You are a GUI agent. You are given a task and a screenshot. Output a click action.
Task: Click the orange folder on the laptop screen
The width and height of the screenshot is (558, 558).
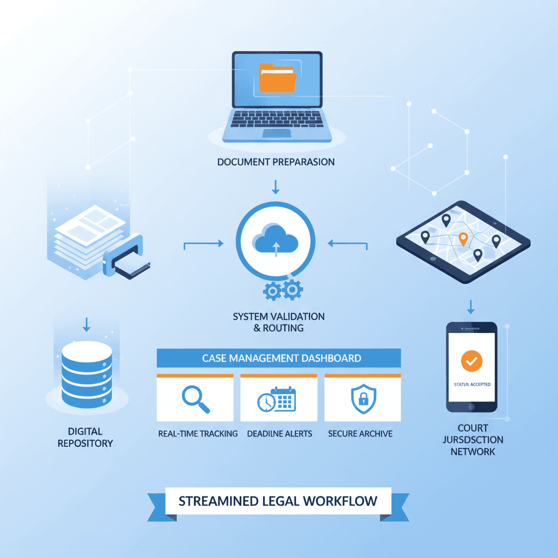[277, 77]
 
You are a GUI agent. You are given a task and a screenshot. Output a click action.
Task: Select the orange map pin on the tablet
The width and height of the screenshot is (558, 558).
[463, 238]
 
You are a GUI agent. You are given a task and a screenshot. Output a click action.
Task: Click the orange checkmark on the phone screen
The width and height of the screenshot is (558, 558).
[471, 361]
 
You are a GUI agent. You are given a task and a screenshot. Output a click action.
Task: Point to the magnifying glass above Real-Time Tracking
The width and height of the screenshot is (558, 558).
[195, 399]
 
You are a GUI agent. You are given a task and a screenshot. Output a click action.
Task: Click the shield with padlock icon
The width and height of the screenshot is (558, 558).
[361, 399]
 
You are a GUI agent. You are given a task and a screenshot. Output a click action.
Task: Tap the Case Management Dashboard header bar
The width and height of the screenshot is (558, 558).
[278, 358]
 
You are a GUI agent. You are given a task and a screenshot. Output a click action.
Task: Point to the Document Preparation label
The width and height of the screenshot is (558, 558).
[276, 162]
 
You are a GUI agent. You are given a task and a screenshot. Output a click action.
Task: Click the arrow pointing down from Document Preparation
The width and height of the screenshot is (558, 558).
[276, 187]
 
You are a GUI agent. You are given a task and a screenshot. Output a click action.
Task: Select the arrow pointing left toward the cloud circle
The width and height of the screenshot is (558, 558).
[348, 245]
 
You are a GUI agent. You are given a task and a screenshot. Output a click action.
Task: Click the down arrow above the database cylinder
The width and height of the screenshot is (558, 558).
[86, 325]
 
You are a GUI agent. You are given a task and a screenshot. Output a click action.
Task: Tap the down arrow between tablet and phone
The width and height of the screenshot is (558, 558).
[470, 306]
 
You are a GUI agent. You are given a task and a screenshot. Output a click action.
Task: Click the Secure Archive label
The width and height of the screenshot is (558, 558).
[360, 434]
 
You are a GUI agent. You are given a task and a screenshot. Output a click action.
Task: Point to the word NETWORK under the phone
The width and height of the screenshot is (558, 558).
[472, 451]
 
